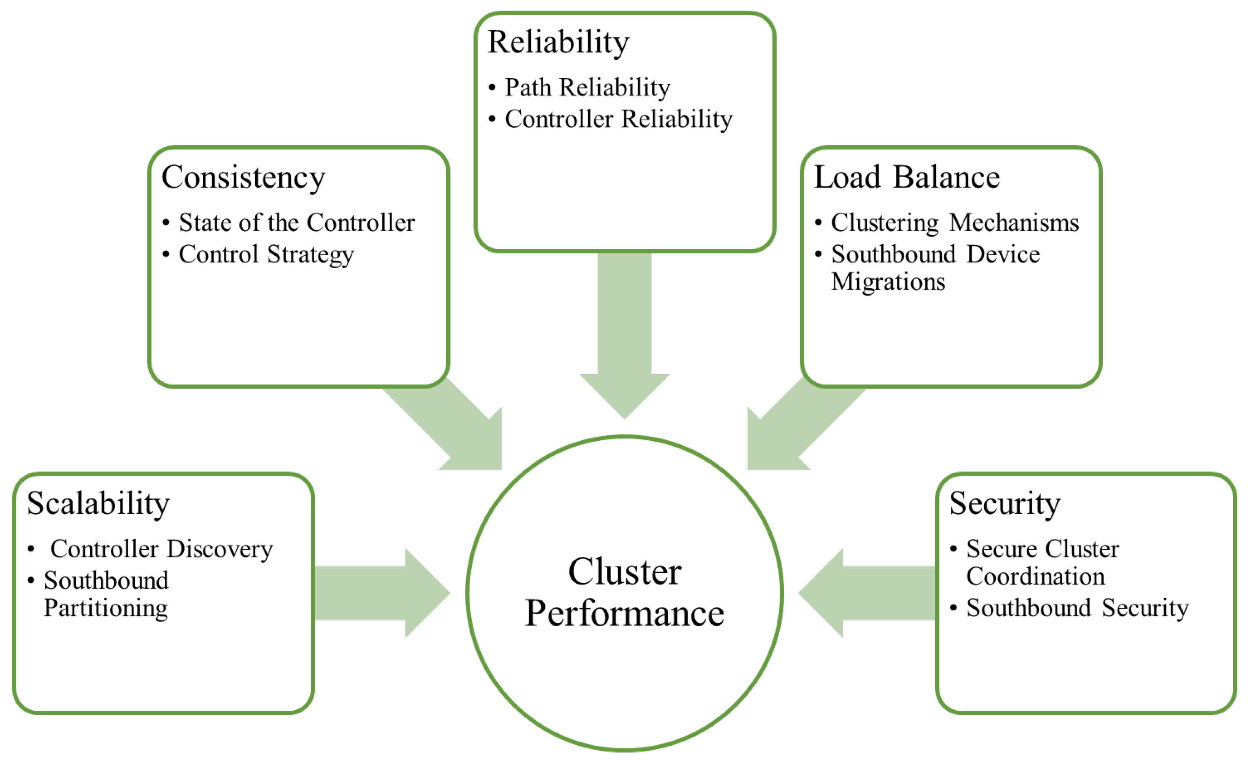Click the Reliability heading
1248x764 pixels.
point(558,42)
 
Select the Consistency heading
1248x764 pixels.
point(243,178)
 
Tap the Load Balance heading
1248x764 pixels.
point(907,178)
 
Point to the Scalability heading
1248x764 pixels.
point(98,504)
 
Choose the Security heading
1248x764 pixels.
point(1005,504)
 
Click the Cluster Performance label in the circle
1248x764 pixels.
point(624,593)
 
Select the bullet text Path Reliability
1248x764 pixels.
point(587,88)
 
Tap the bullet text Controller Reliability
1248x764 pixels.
point(618,119)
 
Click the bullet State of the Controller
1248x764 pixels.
point(297,223)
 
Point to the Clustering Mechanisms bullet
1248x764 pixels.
point(955,223)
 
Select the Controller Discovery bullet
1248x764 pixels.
point(162,549)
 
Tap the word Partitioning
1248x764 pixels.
point(106,608)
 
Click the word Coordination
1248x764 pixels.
point(1035,577)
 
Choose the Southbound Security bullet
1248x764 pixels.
point(1077,608)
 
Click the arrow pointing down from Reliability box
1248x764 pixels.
point(624,334)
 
